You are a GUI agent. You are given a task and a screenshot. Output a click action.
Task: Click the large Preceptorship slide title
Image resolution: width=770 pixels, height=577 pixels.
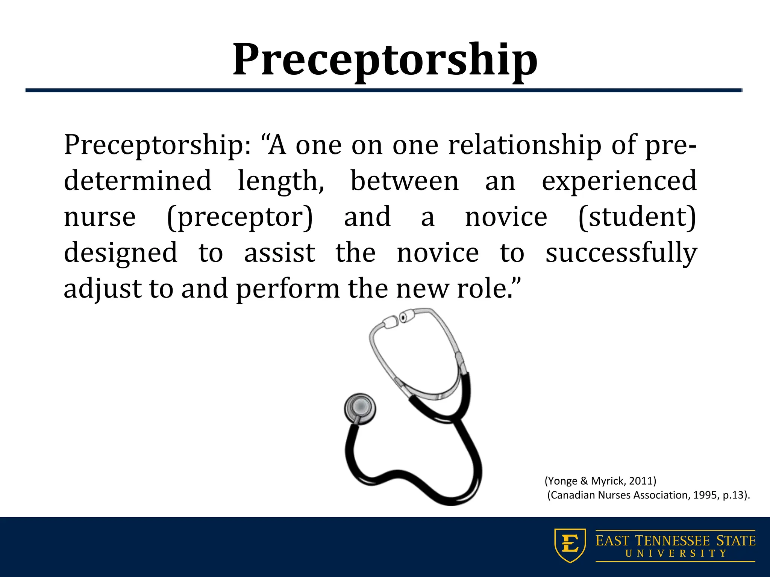tap(385, 60)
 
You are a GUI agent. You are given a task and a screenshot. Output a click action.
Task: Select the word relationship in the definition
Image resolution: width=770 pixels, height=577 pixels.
tap(525, 146)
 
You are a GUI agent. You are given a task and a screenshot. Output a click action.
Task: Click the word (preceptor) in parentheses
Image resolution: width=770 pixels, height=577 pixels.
tap(239, 218)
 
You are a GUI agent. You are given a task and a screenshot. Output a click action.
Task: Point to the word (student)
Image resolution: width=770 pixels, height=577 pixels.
tap(637, 218)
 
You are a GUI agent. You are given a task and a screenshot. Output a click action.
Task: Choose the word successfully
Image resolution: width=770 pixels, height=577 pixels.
tap(621, 253)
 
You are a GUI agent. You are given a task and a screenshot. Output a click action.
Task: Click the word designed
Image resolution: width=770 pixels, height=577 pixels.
tap(120, 253)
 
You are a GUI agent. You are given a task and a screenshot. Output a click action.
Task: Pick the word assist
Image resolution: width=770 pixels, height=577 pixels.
tap(280, 253)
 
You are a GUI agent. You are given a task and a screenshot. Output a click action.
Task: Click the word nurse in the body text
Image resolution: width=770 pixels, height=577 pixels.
tap(100, 218)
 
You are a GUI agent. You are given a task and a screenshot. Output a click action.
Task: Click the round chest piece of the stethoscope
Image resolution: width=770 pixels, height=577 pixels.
tap(360, 409)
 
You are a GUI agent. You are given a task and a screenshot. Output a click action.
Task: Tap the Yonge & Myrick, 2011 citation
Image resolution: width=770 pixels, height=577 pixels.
tap(600, 481)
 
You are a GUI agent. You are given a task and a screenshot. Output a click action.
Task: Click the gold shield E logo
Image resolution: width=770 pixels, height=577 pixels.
tap(570, 545)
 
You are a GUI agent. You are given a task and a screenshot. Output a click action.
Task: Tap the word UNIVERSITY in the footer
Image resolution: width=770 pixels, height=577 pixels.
tap(676, 553)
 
